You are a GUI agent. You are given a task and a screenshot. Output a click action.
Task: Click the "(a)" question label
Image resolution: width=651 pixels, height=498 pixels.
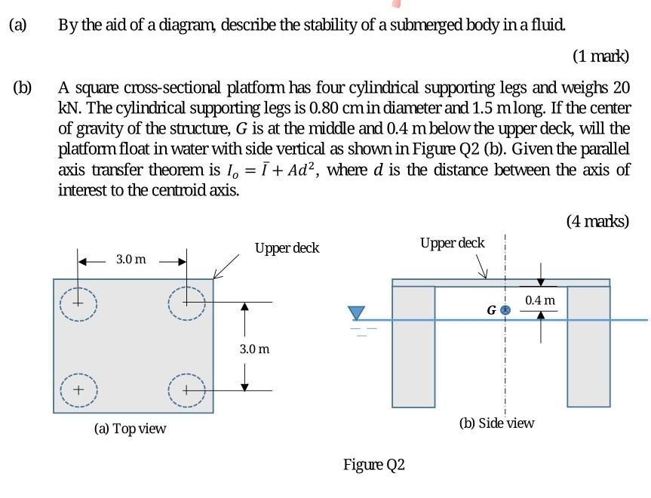[17, 24]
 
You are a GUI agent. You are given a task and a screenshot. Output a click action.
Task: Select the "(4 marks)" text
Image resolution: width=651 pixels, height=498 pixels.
[597, 221]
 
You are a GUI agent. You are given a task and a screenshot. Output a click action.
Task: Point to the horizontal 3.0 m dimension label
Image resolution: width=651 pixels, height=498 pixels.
[131, 259]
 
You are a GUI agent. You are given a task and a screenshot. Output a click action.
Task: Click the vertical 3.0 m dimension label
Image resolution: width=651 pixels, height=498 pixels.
[253, 349]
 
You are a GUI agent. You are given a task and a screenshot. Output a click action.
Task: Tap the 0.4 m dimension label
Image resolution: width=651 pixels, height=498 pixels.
[540, 300]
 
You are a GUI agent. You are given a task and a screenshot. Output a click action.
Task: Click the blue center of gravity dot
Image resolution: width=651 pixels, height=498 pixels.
[507, 309]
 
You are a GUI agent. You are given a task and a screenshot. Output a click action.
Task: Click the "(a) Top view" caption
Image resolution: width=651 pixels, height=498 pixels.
[130, 429]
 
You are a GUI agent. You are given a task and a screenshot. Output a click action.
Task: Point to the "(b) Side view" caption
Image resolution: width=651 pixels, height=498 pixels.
[496, 423]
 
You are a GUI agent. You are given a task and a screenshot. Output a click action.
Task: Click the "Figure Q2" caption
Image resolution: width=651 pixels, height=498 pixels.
[374, 464]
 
